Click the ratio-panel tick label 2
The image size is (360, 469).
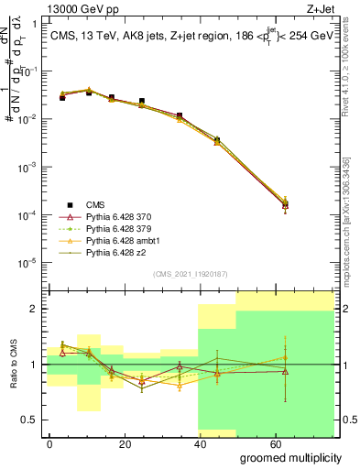[x=37, y=309]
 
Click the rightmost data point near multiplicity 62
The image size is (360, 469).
[x=285, y=206]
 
